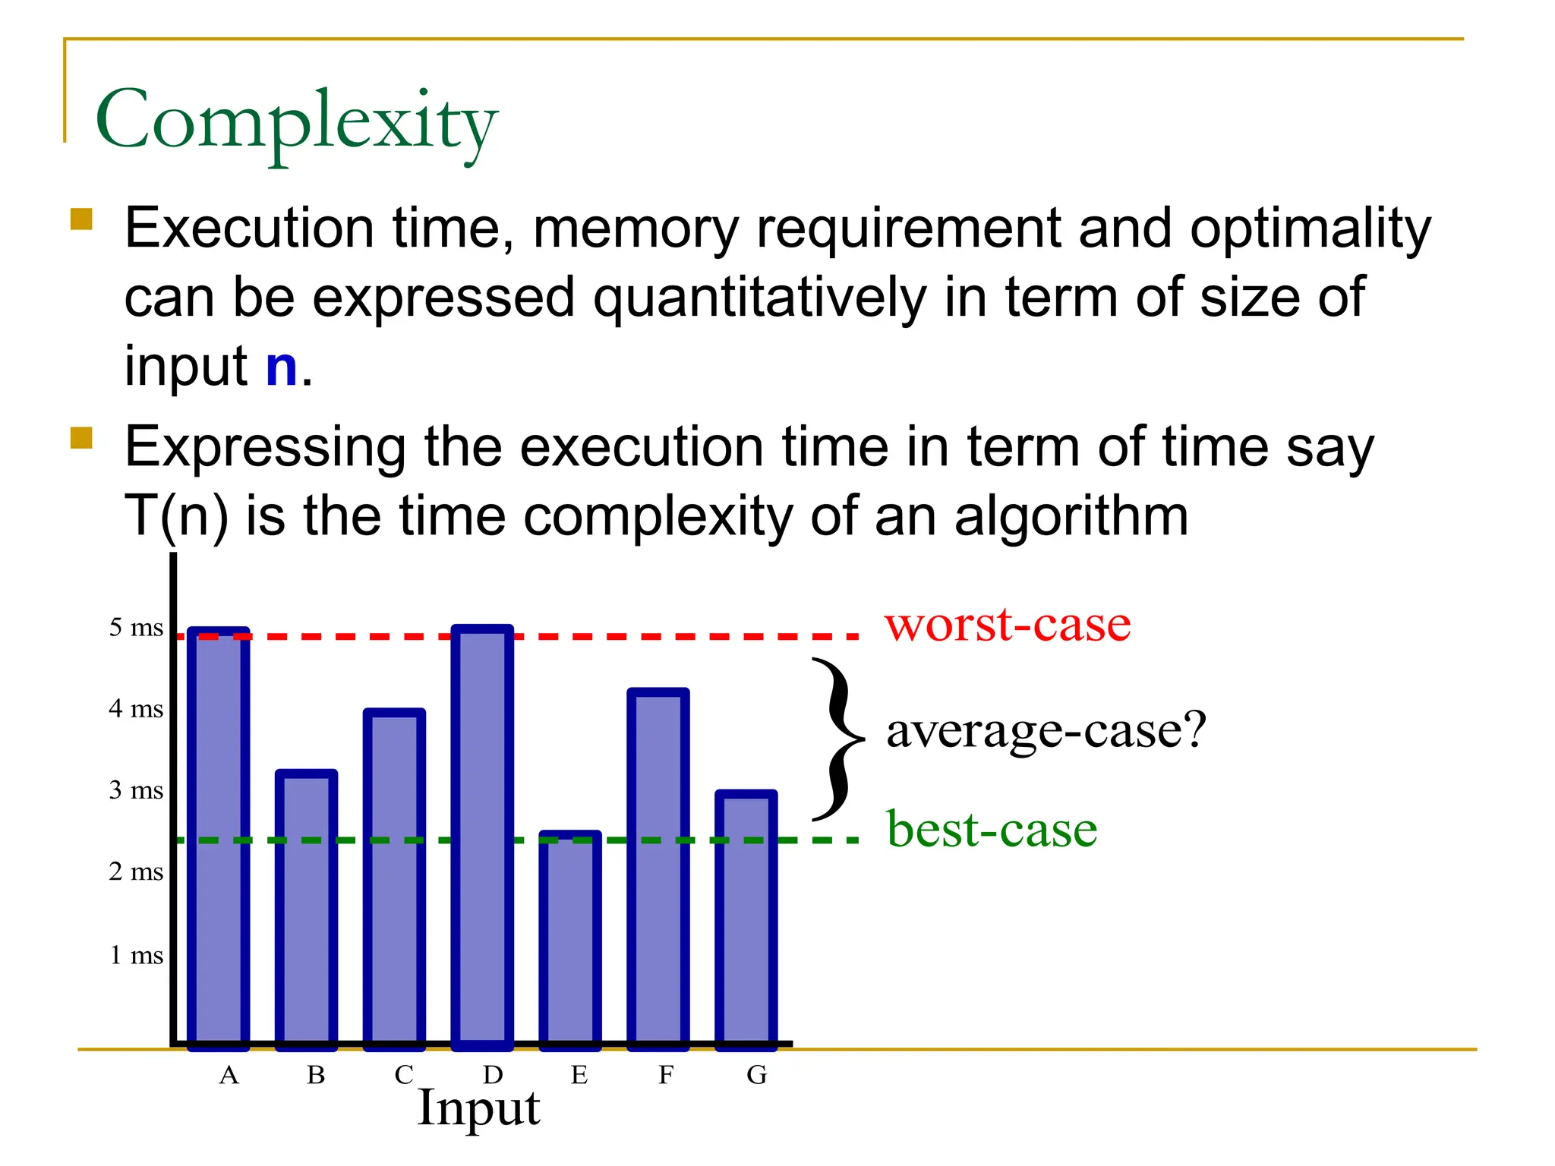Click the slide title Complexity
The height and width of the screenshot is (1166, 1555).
(296, 121)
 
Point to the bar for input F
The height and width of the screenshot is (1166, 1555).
(658, 869)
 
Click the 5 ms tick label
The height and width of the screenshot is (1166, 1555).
(136, 628)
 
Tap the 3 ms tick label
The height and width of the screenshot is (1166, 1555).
(136, 790)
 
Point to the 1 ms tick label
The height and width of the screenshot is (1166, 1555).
(136, 955)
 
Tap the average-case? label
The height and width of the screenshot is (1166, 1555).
(1046, 730)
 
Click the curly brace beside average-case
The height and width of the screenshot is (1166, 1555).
(837, 739)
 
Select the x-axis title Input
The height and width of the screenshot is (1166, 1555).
(478, 1108)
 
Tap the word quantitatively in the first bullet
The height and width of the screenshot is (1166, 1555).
(759, 297)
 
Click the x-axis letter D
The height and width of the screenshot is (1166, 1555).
(493, 1075)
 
